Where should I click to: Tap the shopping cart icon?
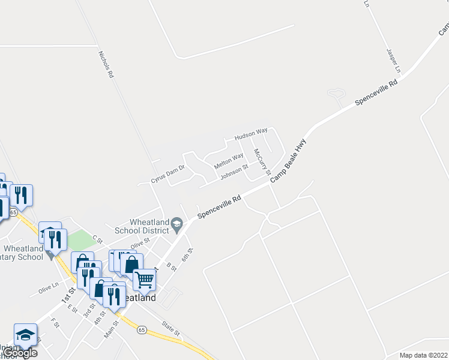pos(144,279)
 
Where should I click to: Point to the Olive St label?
pos(139,244)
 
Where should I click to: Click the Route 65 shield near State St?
pos(142,329)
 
